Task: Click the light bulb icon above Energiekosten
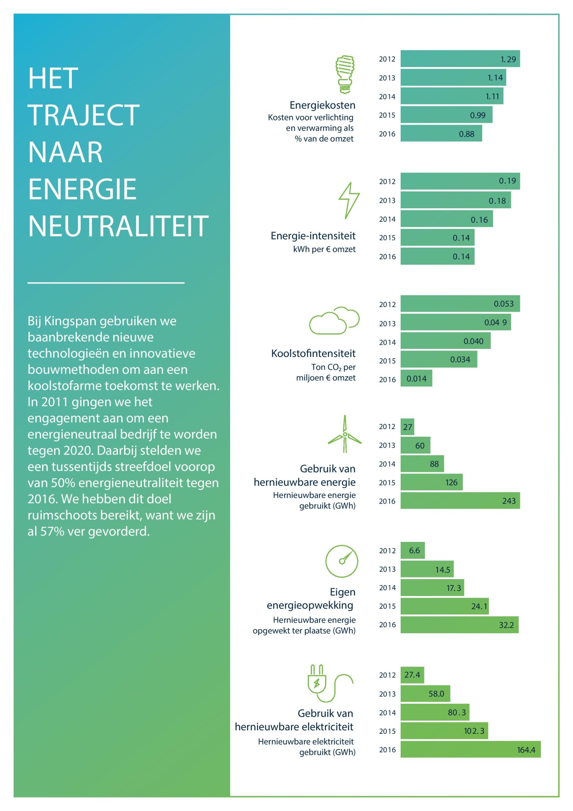pyautogui.click(x=345, y=74)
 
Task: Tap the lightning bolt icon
pyautogui.click(x=349, y=201)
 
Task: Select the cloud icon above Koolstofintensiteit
pyautogui.click(x=334, y=321)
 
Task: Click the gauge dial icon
pyautogui.click(x=342, y=561)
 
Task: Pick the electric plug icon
pyautogui.click(x=330, y=683)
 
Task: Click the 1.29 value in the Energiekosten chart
pyautogui.click(x=508, y=59)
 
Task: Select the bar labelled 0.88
pyautogui.click(x=441, y=133)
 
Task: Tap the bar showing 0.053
pyautogui.click(x=460, y=304)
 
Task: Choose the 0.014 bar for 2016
pyautogui.click(x=416, y=378)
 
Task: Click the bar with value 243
pyautogui.click(x=460, y=501)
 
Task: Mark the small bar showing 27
pyautogui.click(x=407, y=427)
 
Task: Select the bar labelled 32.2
pyautogui.click(x=459, y=625)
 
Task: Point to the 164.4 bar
pyautogui.click(x=470, y=749)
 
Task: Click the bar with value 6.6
pyautogui.click(x=413, y=550)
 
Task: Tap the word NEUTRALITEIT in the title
pyautogui.click(x=118, y=226)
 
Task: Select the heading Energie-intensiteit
pyautogui.click(x=313, y=236)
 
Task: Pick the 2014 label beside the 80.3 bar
pyautogui.click(x=387, y=713)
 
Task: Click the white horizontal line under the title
pyautogui.click(x=106, y=283)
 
